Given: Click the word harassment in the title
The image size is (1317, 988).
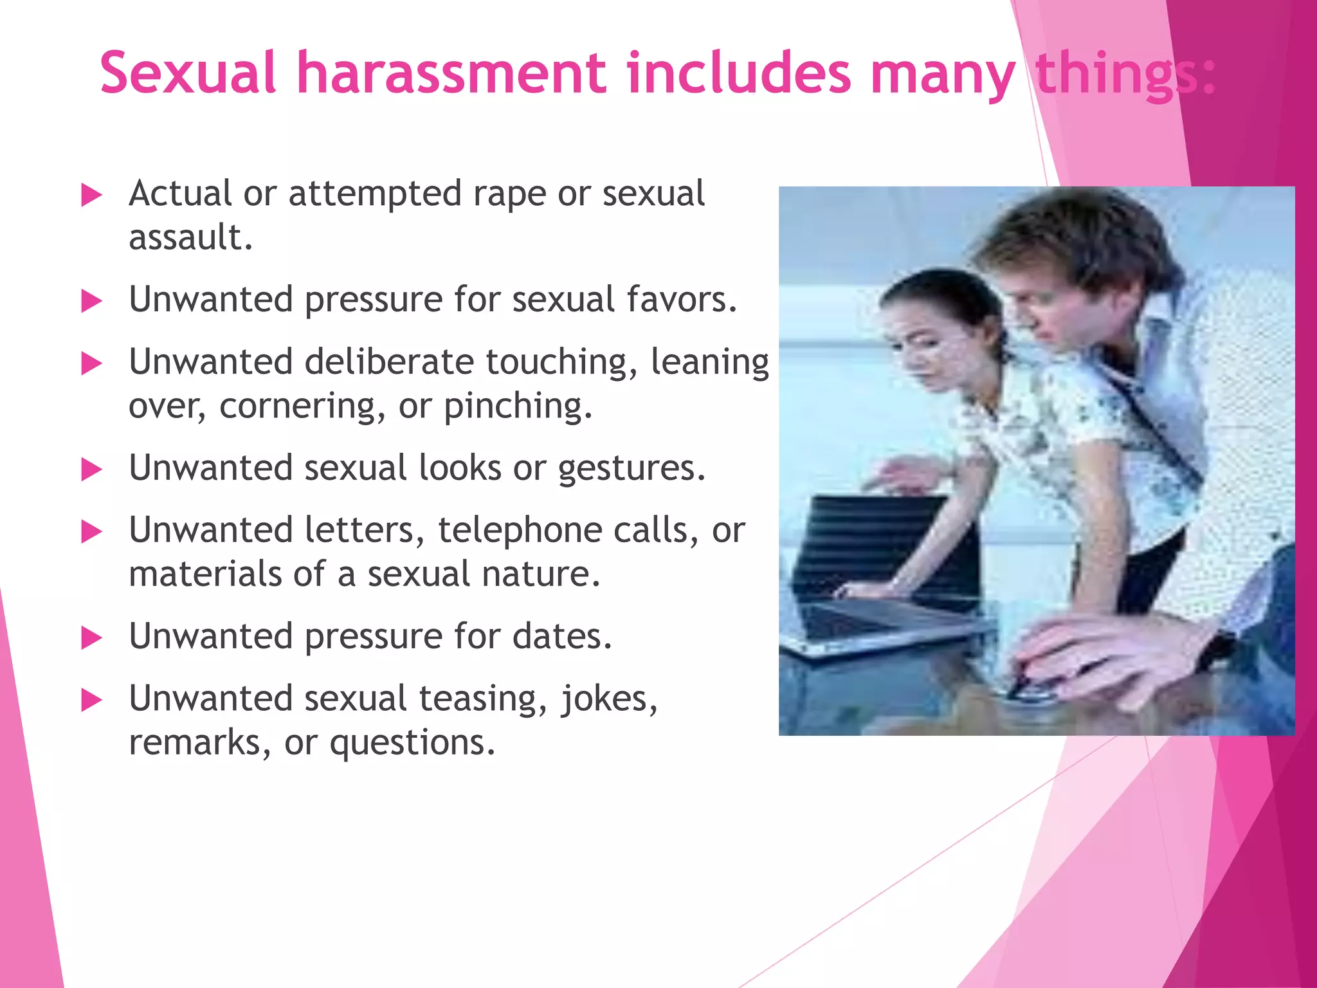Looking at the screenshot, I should pos(451,73).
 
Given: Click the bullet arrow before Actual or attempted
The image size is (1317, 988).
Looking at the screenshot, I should pos(92,195).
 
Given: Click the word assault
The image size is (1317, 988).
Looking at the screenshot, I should pos(190,237).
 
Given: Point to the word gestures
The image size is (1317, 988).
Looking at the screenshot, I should pos(631,468).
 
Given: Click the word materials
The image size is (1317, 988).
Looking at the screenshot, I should pos(205,574).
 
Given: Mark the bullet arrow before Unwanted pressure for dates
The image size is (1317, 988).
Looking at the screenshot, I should pos(92,638).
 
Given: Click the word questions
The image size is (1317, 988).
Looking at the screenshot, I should pos(412,743).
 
